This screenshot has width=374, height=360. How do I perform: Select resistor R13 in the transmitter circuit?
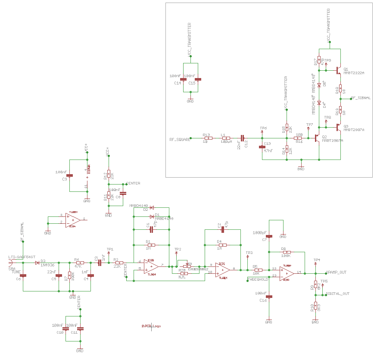[207, 138]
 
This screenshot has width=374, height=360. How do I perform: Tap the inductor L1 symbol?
[226, 138]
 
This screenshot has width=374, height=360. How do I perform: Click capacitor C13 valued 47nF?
[262, 147]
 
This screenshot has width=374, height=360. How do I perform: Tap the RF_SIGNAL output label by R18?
[361, 98]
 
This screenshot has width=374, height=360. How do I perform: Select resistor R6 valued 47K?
[79, 263]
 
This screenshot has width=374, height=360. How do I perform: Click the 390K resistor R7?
[69, 275]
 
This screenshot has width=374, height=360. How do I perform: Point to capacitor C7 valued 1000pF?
[269, 236]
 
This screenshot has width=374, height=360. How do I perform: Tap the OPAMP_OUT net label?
[336, 272]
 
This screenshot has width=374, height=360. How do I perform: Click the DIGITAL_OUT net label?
[337, 294]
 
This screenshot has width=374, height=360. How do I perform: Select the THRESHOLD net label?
[258, 279]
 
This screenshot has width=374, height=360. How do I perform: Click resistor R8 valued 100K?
[286, 252]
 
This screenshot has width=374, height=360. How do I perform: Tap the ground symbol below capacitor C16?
[269, 321]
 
